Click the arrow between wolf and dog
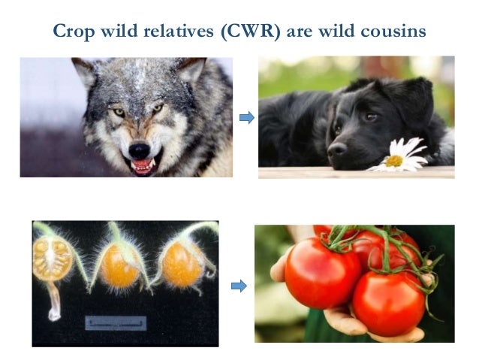(246, 117)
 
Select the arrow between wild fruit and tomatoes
(238, 286)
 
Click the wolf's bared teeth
(142, 164)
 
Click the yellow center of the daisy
(393, 159)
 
